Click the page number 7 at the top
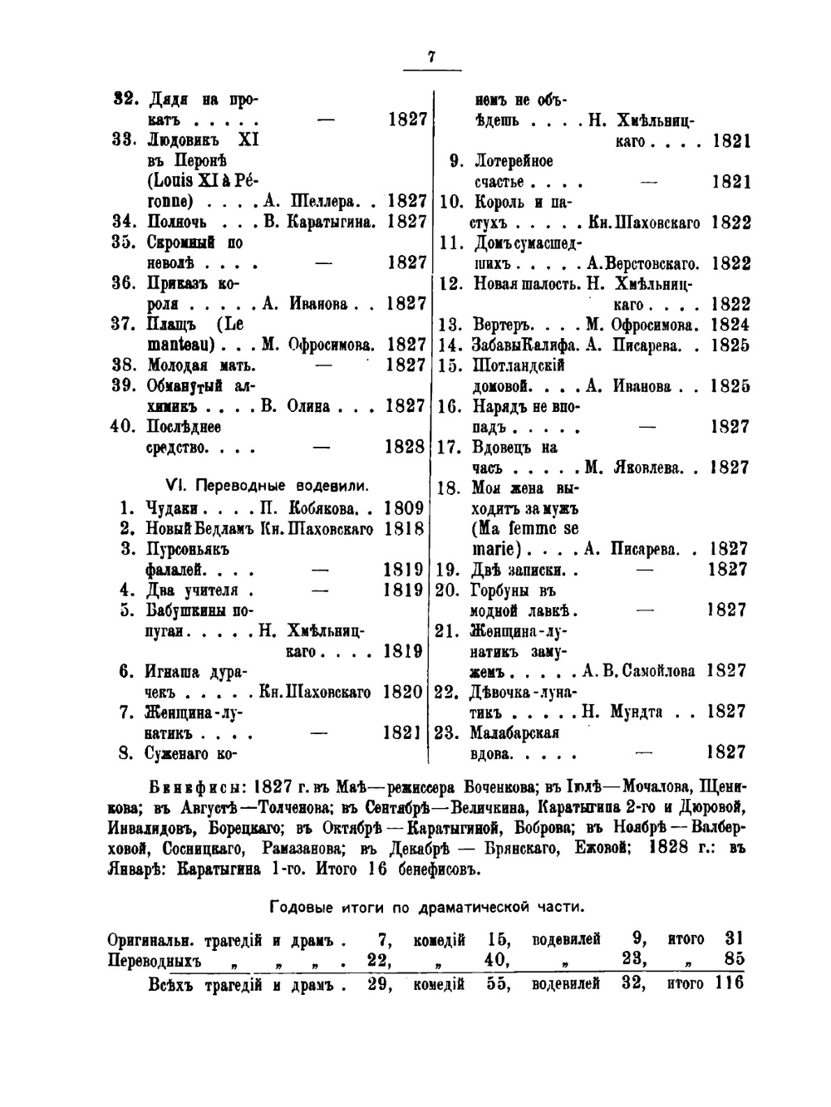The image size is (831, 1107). (x=431, y=56)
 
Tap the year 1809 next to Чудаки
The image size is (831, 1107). (x=404, y=508)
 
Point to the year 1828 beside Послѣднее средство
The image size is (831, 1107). (x=405, y=447)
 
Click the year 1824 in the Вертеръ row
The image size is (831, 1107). (x=730, y=325)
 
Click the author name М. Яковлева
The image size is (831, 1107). (x=637, y=468)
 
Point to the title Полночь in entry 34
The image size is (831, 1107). (x=178, y=222)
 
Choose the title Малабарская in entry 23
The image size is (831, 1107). (x=514, y=732)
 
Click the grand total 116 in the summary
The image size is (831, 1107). (x=727, y=984)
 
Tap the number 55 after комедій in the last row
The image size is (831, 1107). (x=497, y=984)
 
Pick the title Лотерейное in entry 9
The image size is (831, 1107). (x=513, y=161)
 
